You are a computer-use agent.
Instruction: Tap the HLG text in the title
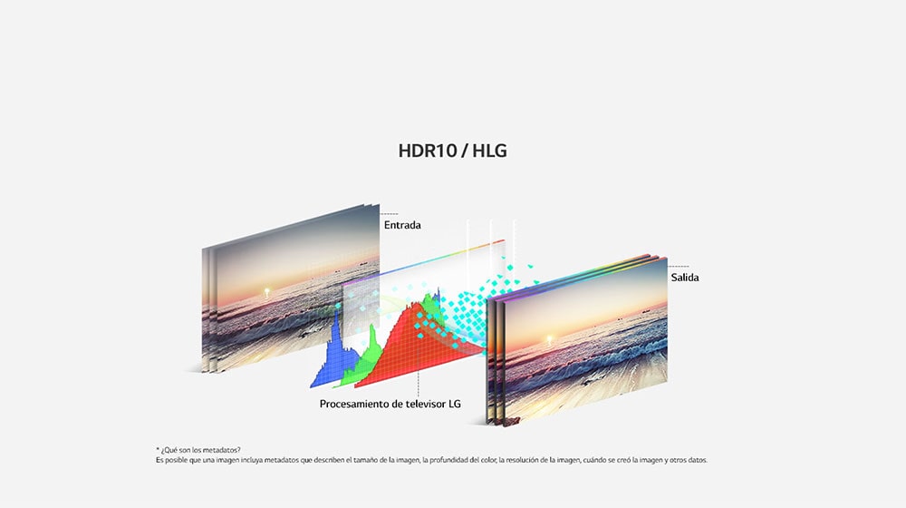click(489, 151)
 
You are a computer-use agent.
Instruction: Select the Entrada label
click(402, 225)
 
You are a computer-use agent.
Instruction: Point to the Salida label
click(685, 278)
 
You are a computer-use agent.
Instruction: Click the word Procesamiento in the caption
click(354, 404)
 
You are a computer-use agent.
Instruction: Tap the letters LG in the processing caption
click(455, 404)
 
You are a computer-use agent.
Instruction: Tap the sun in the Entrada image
click(266, 291)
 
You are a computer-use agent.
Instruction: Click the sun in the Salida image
click(549, 339)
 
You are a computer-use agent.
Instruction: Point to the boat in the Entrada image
click(363, 263)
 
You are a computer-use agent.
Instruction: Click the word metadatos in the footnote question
click(223, 450)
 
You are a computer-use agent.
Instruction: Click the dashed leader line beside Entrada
click(390, 213)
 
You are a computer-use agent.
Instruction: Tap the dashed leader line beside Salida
click(679, 266)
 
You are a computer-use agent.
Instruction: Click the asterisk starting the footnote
click(157, 449)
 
